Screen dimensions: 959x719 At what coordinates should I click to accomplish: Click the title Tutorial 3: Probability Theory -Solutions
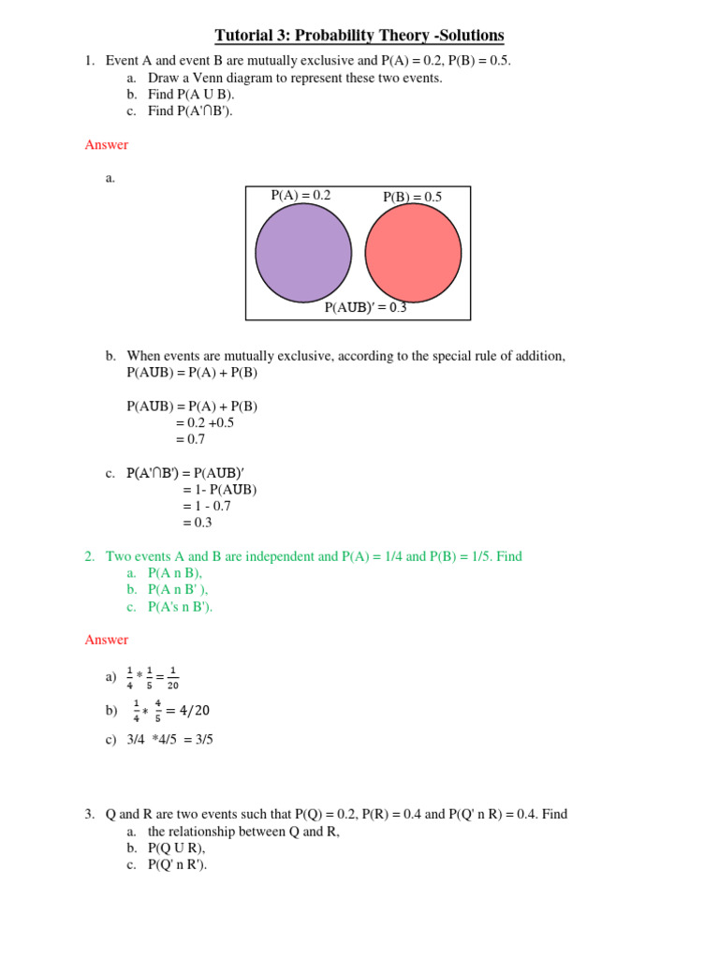point(359,37)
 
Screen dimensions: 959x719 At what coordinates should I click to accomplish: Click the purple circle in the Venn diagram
point(303,253)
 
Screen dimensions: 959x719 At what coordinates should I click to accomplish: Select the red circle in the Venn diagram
point(413,253)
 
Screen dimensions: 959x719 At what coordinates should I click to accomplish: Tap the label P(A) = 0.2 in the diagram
point(301,196)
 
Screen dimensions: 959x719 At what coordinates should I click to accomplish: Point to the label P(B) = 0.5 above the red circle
point(412,197)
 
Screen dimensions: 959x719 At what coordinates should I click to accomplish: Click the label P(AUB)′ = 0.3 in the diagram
point(365,307)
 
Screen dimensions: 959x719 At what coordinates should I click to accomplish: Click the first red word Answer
point(107,145)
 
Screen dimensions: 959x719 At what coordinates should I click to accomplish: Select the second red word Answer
point(107,640)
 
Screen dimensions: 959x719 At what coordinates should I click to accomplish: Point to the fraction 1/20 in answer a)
point(172,677)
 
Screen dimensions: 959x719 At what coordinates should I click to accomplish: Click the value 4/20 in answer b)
point(187,711)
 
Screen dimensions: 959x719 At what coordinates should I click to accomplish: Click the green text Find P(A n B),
point(175,573)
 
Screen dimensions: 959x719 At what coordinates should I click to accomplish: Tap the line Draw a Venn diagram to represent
point(295,78)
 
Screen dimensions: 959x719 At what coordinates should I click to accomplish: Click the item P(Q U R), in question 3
point(176,848)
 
